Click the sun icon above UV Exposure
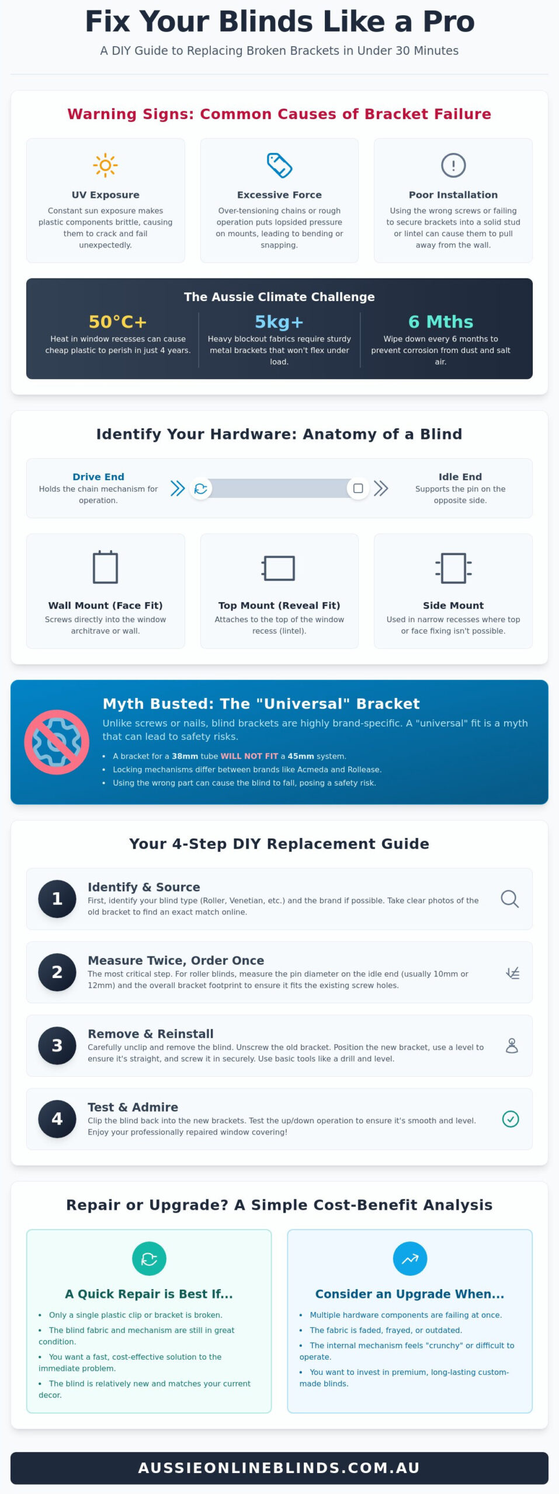(105, 165)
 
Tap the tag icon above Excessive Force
(279, 165)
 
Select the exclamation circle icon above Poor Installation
(453, 165)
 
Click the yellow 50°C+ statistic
(117, 322)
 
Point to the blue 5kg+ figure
(279, 322)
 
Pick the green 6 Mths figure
(440, 322)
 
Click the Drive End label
(98, 477)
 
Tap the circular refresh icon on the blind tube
(200, 488)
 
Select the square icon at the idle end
(358, 488)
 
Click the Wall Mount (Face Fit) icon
(105, 567)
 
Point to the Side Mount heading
(453, 605)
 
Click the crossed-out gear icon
(57, 742)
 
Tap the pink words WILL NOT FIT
(249, 756)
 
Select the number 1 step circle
(57, 899)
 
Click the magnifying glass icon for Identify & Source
(510, 899)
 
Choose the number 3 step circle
(57, 1045)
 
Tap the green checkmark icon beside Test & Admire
(511, 1119)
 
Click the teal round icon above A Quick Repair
(149, 1259)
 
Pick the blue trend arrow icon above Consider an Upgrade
(409, 1259)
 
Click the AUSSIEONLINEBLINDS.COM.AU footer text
(279, 1468)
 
